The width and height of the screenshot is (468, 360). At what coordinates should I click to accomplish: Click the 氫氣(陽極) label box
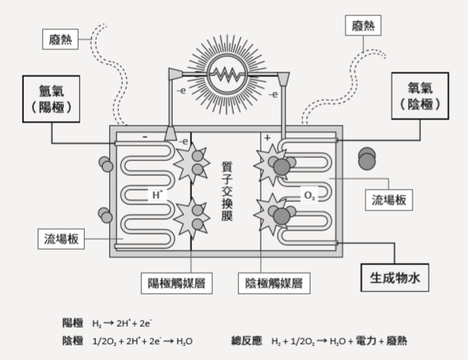[x=52, y=98]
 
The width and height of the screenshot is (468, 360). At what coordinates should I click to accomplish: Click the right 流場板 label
[x=389, y=200]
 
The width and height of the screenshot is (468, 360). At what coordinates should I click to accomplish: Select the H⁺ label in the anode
[x=157, y=196]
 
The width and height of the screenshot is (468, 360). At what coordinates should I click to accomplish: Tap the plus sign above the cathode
[x=267, y=137]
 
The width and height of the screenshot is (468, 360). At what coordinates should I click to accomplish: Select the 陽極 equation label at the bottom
[x=73, y=322]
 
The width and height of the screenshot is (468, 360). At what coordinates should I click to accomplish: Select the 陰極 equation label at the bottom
[x=73, y=340]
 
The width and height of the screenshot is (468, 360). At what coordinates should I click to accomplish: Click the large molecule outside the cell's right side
[x=367, y=158]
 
